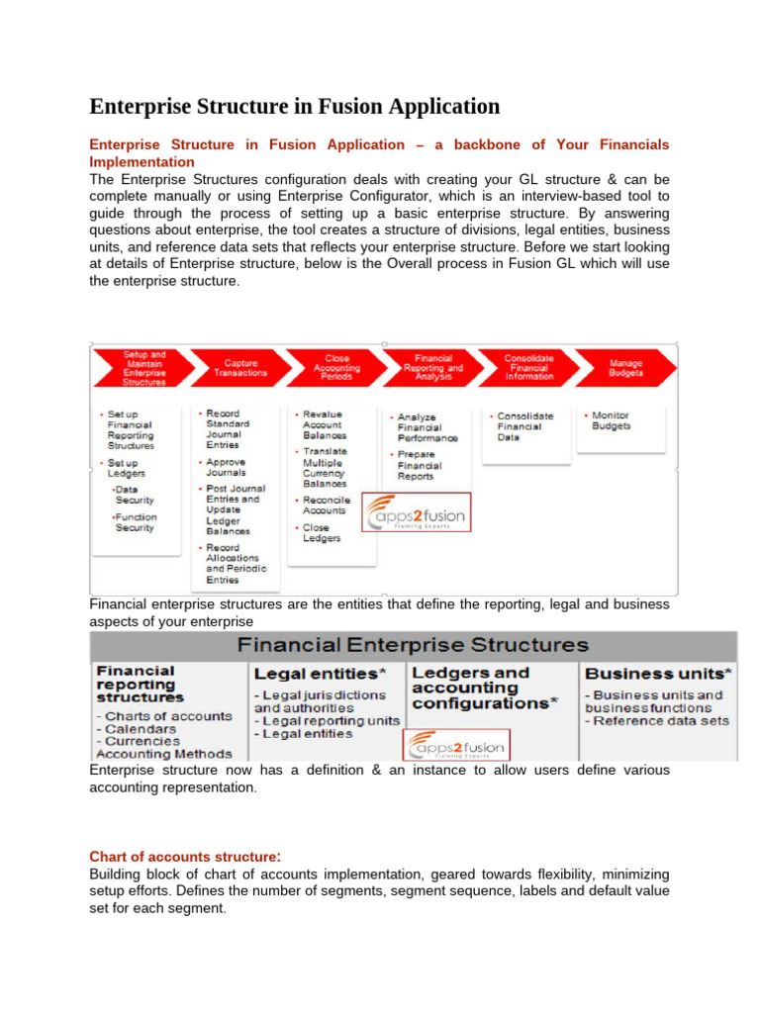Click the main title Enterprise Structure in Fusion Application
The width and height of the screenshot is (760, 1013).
click(x=294, y=106)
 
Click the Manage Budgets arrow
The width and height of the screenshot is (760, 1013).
click(x=624, y=367)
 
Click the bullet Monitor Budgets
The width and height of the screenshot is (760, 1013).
click(x=610, y=421)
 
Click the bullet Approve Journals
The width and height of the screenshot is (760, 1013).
click(x=226, y=467)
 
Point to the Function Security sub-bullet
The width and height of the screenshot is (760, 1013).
click(x=134, y=522)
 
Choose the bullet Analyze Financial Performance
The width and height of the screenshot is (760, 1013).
click(x=427, y=427)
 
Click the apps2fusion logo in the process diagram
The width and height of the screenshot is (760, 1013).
click(x=415, y=513)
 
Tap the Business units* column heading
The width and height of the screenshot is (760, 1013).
click(x=657, y=673)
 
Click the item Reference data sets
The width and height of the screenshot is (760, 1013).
click(x=658, y=720)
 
